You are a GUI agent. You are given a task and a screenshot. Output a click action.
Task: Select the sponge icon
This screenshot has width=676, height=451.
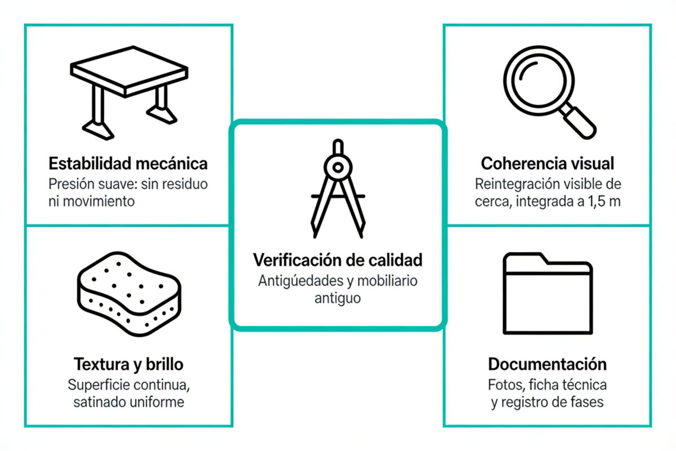pyautogui.click(x=129, y=294)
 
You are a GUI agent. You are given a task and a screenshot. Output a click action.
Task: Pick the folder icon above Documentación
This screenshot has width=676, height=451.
pyautogui.click(x=548, y=293)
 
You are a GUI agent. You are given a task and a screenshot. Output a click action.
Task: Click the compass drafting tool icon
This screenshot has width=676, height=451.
pyautogui.click(x=338, y=188)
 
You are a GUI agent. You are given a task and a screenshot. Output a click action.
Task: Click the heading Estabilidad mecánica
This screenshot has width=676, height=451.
pyautogui.click(x=128, y=163)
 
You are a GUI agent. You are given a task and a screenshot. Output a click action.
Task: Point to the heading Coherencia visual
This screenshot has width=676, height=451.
pyautogui.click(x=548, y=163)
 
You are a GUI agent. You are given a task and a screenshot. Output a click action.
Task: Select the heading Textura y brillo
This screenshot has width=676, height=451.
pyautogui.click(x=128, y=364)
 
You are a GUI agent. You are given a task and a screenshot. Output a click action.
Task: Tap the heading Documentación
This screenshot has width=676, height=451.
pyautogui.click(x=548, y=364)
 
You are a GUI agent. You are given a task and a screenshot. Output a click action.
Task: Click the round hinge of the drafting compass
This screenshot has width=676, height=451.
pyautogui.click(x=338, y=167)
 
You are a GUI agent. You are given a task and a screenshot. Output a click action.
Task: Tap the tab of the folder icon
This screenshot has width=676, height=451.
pyautogui.click(x=526, y=259)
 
